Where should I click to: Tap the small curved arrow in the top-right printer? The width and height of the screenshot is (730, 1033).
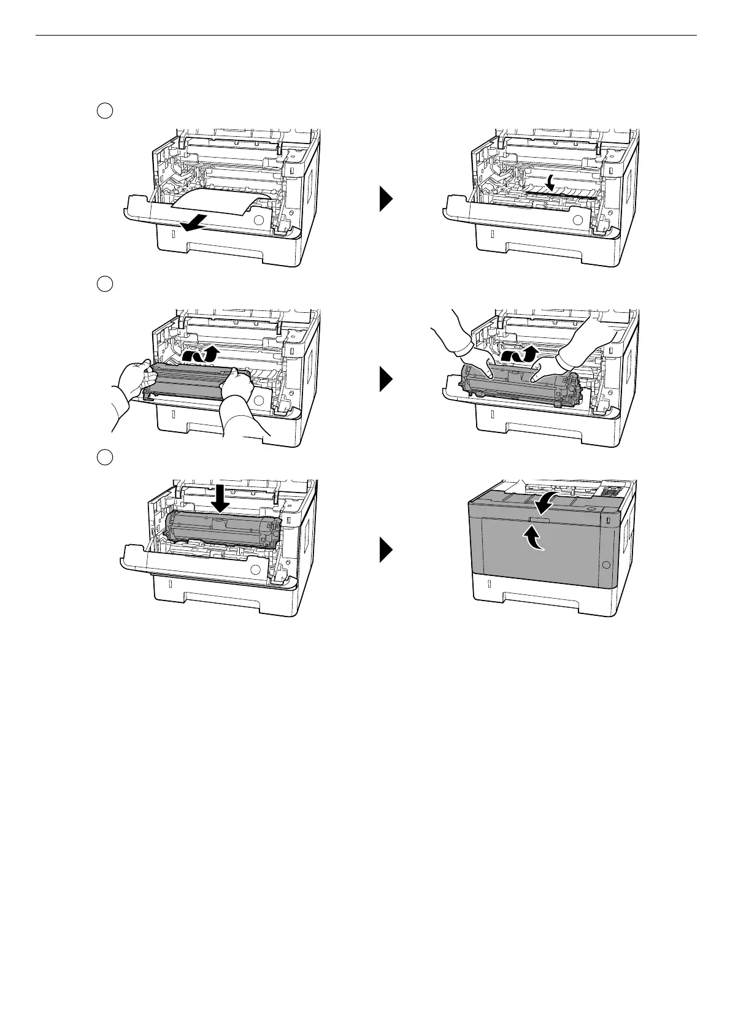[552, 182]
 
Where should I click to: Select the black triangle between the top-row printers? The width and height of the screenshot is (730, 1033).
[385, 200]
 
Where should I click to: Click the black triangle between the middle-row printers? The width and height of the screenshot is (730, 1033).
[385, 379]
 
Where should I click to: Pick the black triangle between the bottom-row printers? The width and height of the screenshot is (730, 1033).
[385, 550]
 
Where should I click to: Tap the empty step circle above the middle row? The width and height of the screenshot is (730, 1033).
[105, 284]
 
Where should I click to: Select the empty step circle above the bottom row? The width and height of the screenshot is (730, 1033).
[105, 457]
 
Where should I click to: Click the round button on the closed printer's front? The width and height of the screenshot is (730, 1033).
[607, 564]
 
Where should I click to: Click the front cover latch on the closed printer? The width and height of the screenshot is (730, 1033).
[536, 520]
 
